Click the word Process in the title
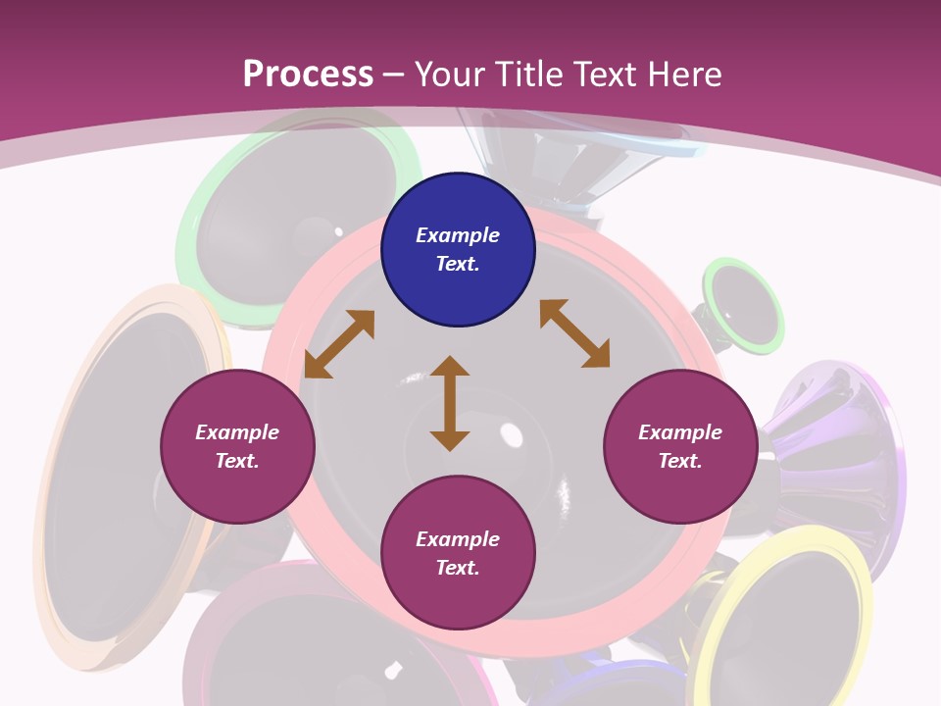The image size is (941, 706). (x=308, y=74)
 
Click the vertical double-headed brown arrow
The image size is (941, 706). (x=450, y=403)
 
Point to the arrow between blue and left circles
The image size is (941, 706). (x=339, y=344)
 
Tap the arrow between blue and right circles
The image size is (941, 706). (x=575, y=333)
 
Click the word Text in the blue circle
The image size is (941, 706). (x=457, y=264)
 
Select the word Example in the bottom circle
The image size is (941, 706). (x=458, y=539)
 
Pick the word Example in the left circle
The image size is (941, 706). (x=237, y=432)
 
